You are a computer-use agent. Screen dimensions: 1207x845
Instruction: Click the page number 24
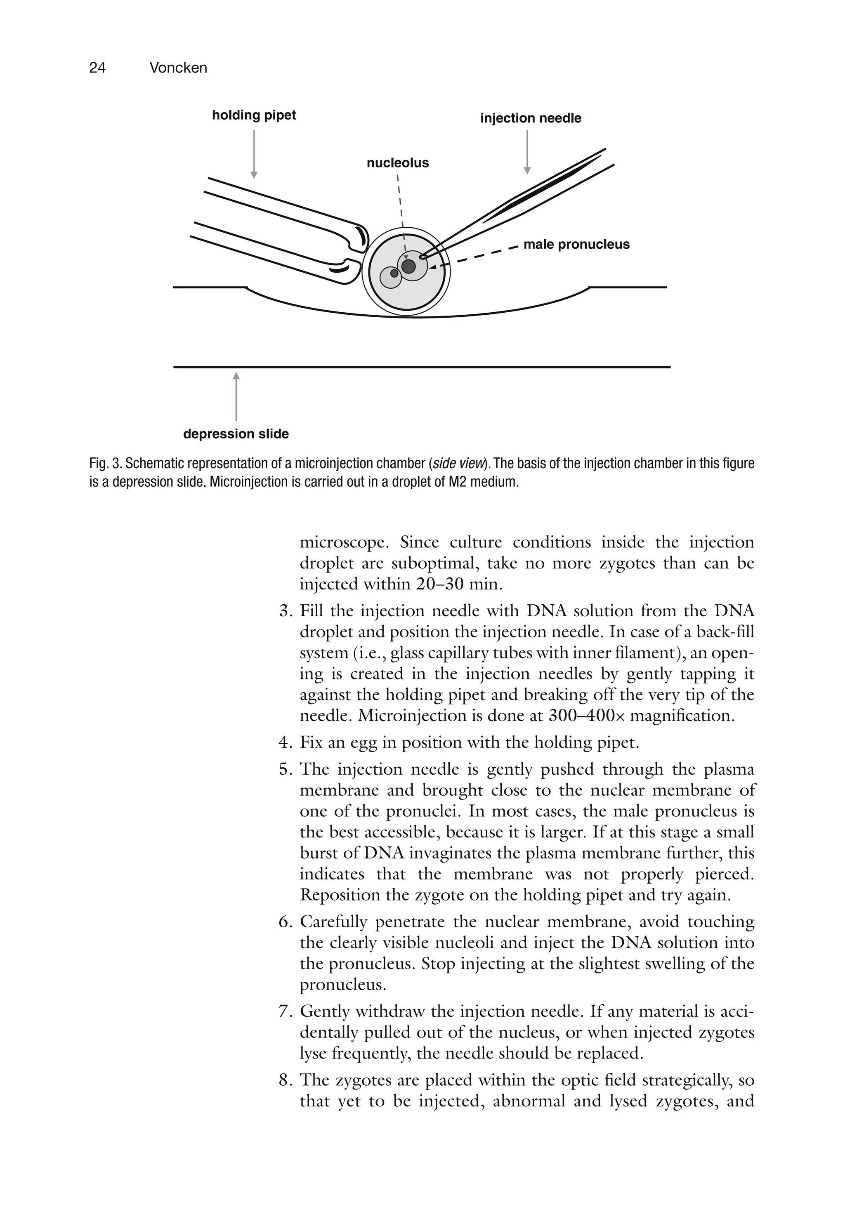click(97, 68)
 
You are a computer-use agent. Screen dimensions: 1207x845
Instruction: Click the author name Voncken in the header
click(178, 68)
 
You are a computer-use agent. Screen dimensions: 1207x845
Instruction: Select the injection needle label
click(530, 118)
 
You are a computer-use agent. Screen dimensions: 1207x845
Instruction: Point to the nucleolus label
click(397, 163)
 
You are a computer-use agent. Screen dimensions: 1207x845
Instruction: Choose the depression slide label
click(236, 434)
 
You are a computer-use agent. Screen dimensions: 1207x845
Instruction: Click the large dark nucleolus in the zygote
click(408, 266)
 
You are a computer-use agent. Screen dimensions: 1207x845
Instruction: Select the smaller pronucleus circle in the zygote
click(391, 277)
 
